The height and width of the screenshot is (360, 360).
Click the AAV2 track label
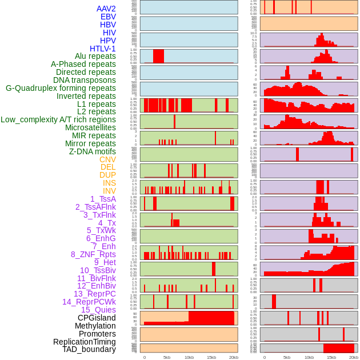coord(106,9)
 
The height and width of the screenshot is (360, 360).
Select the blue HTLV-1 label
coord(102,49)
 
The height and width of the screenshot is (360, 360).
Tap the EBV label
coord(108,17)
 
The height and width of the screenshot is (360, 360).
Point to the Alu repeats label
coord(95,56)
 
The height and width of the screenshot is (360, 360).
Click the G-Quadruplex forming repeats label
coord(61,88)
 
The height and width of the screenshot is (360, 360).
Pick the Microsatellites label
coord(90,127)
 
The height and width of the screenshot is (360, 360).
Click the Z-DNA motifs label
coord(92,151)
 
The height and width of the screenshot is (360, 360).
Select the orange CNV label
coord(107,159)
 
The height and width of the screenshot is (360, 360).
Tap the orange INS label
coord(109,183)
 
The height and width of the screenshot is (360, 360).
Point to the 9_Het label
coord(105,262)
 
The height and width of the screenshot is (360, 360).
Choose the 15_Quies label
coord(98,310)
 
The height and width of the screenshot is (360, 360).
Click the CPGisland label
coord(97,318)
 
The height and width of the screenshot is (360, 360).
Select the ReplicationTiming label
coord(84,342)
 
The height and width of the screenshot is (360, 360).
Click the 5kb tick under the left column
coord(167,357)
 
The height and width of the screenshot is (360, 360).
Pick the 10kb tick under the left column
coord(189,357)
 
